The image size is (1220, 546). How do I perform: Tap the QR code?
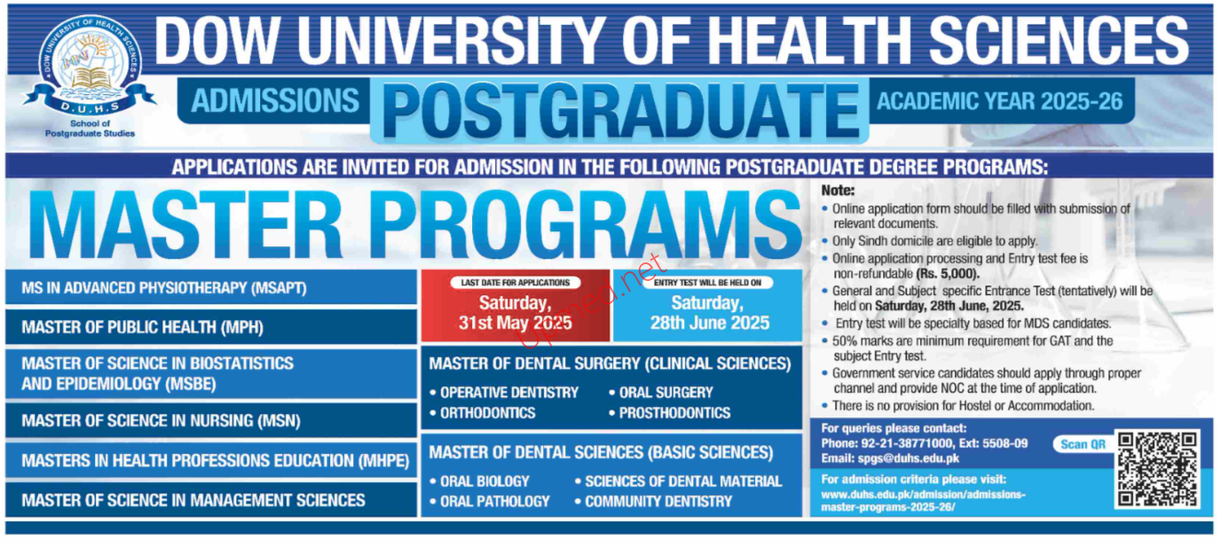(x=1157, y=469)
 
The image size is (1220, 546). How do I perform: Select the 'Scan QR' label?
(x=1082, y=444)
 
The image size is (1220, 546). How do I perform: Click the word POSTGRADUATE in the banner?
(x=620, y=111)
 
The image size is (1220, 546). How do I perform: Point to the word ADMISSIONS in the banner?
(x=275, y=101)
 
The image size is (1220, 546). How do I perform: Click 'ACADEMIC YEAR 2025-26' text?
(x=999, y=101)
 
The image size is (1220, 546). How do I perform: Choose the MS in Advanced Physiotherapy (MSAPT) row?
(x=211, y=287)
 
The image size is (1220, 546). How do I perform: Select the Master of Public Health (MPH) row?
(x=211, y=327)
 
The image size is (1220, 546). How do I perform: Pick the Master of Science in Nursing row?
(x=211, y=420)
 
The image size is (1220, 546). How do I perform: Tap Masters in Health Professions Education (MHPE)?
(x=211, y=460)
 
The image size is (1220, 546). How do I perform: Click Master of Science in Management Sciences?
(x=211, y=500)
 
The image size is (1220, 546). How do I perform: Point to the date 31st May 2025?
(x=515, y=323)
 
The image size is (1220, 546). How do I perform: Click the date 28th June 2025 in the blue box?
(x=710, y=323)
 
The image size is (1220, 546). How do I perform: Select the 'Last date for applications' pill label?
(x=516, y=282)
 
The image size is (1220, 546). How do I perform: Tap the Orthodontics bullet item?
(x=483, y=413)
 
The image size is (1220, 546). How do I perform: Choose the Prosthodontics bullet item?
(x=670, y=413)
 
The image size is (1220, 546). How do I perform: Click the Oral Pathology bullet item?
(x=490, y=501)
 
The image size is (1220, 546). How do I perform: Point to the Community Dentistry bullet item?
(x=654, y=501)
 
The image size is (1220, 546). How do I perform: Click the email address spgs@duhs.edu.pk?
(x=909, y=458)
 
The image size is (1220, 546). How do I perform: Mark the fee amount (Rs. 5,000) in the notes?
(x=948, y=274)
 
